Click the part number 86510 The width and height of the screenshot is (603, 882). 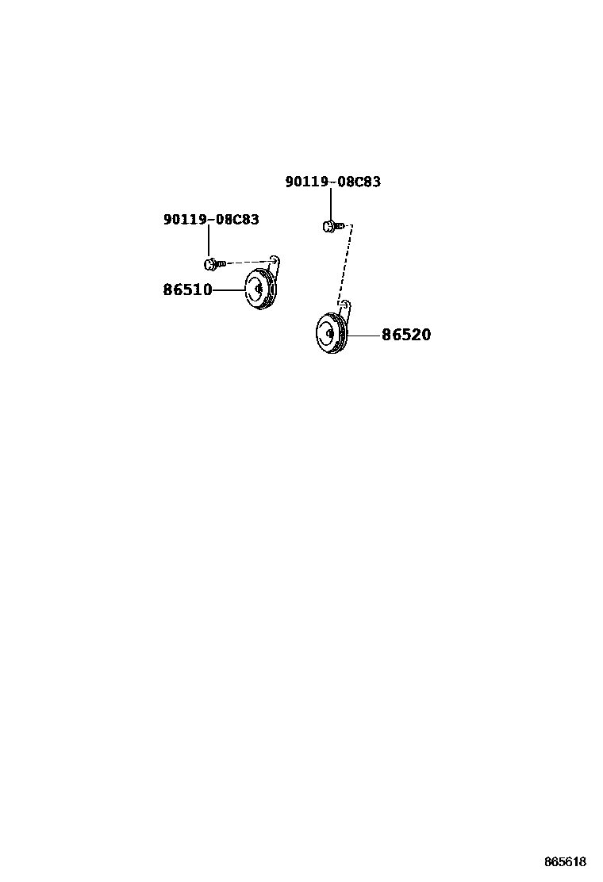click(x=187, y=290)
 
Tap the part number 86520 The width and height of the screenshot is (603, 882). click(x=406, y=336)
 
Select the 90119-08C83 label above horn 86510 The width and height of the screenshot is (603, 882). click(x=211, y=220)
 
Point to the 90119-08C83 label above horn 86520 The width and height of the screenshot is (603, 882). click(x=333, y=182)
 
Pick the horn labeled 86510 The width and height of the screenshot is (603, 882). click(x=259, y=290)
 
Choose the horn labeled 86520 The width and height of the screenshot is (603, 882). click(x=330, y=334)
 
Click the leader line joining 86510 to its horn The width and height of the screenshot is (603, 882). click(x=229, y=290)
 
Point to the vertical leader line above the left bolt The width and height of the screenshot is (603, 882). click(x=209, y=241)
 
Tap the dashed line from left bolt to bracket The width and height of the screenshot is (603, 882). click(x=248, y=261)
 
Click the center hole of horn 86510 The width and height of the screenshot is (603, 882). click(x=259, y=289)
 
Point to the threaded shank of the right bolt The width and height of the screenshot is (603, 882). click(x=339, y=227)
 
